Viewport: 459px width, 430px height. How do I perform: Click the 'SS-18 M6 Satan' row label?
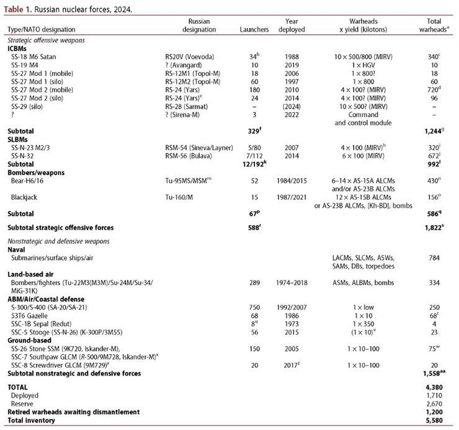(x=42, y=56)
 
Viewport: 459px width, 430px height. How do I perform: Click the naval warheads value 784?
(x=428, y=258)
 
